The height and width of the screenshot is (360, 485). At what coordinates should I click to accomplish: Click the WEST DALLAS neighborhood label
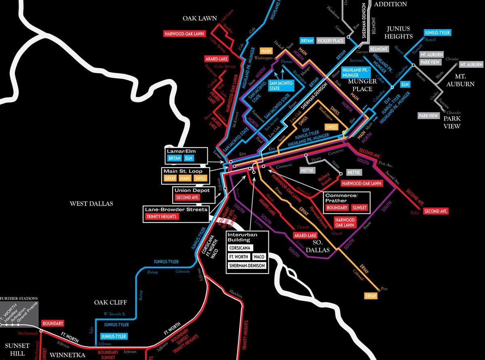pyautogui.click(x=91, y=204)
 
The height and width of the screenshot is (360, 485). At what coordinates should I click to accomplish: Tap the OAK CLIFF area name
pyautogui.click(x=110, y=303)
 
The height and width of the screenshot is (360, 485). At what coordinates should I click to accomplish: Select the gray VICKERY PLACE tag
pyautogui.click(x=331, y=41)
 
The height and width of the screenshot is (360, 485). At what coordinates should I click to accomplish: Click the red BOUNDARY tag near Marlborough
pyautogui.click(x=53, y=324)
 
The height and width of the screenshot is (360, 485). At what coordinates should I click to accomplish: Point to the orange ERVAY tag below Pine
pyautogui.click(x=371, y=296)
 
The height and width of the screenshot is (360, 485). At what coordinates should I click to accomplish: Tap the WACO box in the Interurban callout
pyautogui.click(x=259, y=257)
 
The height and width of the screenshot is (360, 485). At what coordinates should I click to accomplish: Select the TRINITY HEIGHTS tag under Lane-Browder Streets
pyautogui.click(x=162, y=217)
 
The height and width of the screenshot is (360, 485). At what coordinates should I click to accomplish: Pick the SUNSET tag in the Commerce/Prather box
pyautogui.click(x=359, y=208)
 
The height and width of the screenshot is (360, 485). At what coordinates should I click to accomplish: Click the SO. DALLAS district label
pyautogui.click(x=321, y=247)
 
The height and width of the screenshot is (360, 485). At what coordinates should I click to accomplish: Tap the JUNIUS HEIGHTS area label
pyautogui.click(x=399, y=32)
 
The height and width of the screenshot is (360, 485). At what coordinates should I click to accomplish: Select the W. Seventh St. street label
pyautogui.click(x=114, y=314)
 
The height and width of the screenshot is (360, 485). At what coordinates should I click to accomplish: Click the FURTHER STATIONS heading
pyautogui.click(x=19, y=299)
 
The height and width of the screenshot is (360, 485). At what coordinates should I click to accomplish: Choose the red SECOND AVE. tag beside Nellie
pyautogui.click(x=436, y=211)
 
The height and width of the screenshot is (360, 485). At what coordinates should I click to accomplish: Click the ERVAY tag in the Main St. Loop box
pyautogui.click(x=169, y=178)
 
